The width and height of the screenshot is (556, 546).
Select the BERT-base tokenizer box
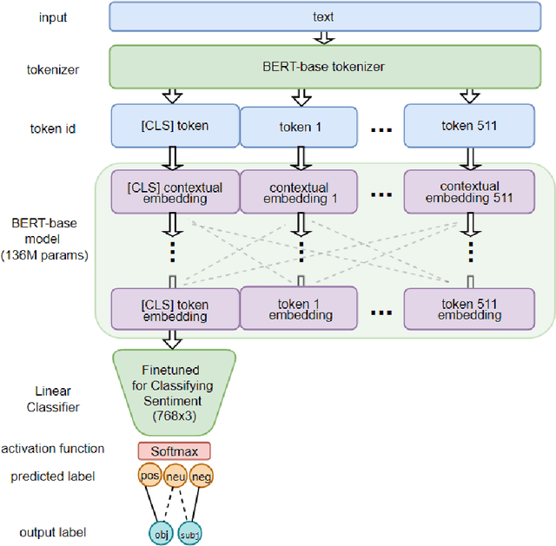pyautogui.click(x=321, y=67)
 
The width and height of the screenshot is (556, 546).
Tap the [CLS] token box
pyautogui.click(x=174, y=126)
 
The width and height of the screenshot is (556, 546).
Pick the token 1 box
pyautogui.click(x=300, y=126)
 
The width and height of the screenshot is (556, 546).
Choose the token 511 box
pyautogui.click(x=469, y=126)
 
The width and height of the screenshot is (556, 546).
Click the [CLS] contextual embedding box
pyautogui.click(x=174, y=193)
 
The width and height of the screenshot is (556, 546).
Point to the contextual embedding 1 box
pyautogui.click(x=300, y=193)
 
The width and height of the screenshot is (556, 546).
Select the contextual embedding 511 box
pyautogui.click(x=469, y=193)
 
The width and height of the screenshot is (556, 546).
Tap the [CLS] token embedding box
pyautogui.click(x=174, y=310)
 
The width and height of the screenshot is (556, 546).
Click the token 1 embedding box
pyautogui.click(x=300, y=310)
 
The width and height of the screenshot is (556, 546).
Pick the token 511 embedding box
pyautogui.click(x=469, y=310)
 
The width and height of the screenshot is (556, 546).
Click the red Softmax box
pyautogui.click(x=174, y=451)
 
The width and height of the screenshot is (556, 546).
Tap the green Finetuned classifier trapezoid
pyautogui.click(x=174, y=391)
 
